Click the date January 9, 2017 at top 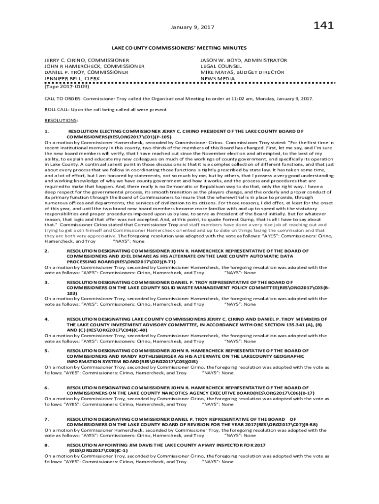coord(189,28)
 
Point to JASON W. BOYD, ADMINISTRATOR coord(243,60)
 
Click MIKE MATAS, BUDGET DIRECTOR coord(242,72)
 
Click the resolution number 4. coord(46,319)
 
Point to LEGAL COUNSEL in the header coord(221,66)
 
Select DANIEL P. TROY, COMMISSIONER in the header coord(86,72)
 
